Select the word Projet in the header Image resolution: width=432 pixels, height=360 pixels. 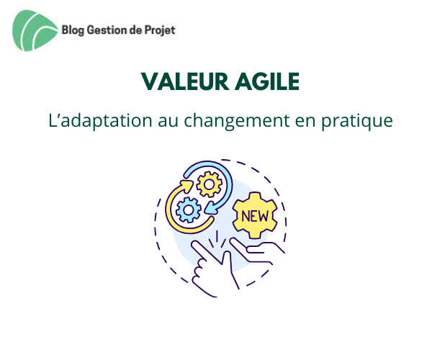[160, 30]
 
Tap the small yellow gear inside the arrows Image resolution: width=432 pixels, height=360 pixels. [209, 184]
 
